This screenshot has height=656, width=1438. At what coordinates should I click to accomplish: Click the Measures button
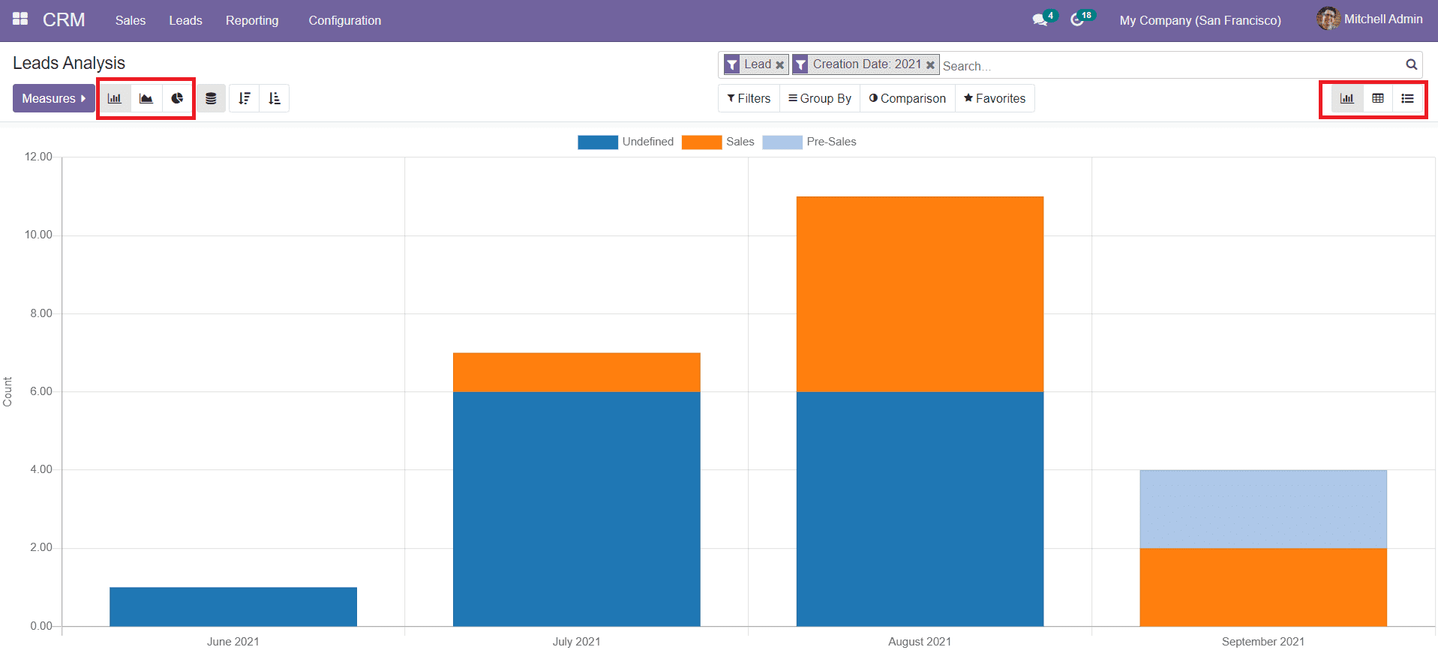click(53, 98)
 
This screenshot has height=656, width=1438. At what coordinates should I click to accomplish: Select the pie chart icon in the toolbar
click(177, 98)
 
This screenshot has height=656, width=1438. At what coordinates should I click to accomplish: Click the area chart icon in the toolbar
click(146, 98)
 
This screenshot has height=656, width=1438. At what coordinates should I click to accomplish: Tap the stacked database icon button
click(211, 98)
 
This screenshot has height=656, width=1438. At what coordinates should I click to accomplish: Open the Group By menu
click(819, 98)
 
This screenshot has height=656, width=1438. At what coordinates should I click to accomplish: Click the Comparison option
click(907, 98)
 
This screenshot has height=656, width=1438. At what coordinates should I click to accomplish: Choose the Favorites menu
click(994, 98)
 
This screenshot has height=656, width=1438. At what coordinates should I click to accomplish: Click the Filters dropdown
click(749, 98)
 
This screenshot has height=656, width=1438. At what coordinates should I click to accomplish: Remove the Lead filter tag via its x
click(779, 65)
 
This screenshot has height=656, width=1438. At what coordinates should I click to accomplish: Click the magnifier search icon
click(1411, 65)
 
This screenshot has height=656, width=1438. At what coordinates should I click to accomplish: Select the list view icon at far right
click(1407, 98)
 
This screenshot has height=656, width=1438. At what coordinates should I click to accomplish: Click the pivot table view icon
click(1378, 98)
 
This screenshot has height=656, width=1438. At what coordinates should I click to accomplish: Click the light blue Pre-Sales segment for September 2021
click(1262, 509)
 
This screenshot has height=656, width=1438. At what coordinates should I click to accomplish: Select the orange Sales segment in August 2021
click(920, 294)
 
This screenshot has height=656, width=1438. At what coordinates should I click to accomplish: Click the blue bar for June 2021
click(233, 607)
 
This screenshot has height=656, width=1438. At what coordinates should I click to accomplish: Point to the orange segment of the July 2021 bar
click(576, 372)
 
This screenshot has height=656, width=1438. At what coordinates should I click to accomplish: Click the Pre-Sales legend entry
click(809, 142)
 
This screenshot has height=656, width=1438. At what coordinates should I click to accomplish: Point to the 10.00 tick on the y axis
click(38, 235)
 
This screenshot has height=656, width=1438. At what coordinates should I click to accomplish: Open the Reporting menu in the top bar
click(251, 20)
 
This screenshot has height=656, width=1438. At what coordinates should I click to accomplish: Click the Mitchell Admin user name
click(1382, 19)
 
